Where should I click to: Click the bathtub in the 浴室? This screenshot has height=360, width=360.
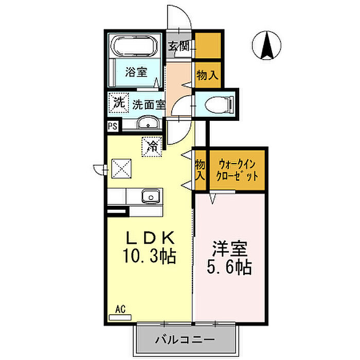pyautogui.click(x=134, y=45)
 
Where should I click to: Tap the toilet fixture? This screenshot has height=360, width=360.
pyautogui.click(x=219, y=105)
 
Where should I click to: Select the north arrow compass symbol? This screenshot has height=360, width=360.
pyautogui.click(x=266, y=45)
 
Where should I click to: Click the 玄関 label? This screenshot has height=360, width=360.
pyautogui.click(x=178, y=46)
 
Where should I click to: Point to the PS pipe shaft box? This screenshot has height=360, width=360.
pyautogui.click(x=113, y=126)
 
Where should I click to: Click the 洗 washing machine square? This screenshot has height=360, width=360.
pyautogui.click(x=119, y=103)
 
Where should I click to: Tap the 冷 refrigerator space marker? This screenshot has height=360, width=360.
pyautogui.click(x=152, y=147)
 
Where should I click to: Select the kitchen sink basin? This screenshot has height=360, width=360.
pyautogui.click(x=151, y=196)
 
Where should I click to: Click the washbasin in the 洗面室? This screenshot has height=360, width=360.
pyautogui.click(x=148, y=123)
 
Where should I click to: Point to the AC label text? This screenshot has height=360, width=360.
pyautogui.click(x=120, y=309)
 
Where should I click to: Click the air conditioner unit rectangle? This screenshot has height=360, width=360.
pyautogui.click(x=120, y=317)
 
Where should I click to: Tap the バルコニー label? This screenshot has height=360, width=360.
pyautogui.click(x=185, y=339)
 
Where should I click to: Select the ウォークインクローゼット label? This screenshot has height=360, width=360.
pyautogui.click(x=237, y=170)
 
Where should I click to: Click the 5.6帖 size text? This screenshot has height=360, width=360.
pyautogui.click(x=229, y=267)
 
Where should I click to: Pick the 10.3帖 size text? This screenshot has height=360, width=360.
pyautogui.click(x=150, y=256)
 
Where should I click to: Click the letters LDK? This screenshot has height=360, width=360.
pyautogui.click(x=150, y=238)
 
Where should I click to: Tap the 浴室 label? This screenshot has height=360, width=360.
pyautogui.click(x=136, y=72)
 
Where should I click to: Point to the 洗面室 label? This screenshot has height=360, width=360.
pyautogui.click(x=149, y=105)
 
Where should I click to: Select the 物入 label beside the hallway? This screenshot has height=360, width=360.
pyautogui.click(x=207, y=75)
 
